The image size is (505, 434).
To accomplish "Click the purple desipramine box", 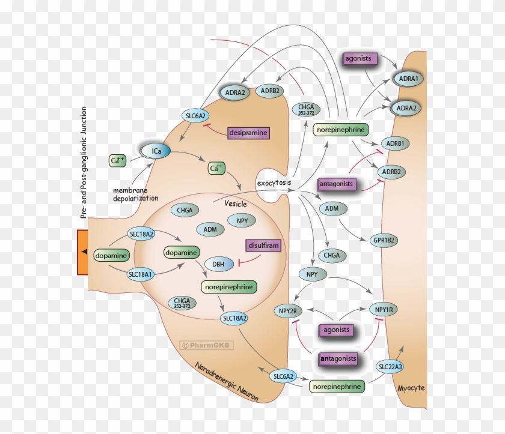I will point(248,132).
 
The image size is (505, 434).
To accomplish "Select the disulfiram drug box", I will point(263,246).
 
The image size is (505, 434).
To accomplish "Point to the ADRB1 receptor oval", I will point(394,144).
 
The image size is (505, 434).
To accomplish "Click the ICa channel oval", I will point(156,151).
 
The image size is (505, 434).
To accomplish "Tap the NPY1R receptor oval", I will point(384,310).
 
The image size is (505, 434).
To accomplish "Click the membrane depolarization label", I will point(135,194).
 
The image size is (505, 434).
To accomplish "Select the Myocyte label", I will point(411,388).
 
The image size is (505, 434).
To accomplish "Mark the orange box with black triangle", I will point(83,252).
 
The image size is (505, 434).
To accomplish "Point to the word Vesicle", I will point(235,203).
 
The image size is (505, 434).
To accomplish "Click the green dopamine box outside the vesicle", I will point(112,256).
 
